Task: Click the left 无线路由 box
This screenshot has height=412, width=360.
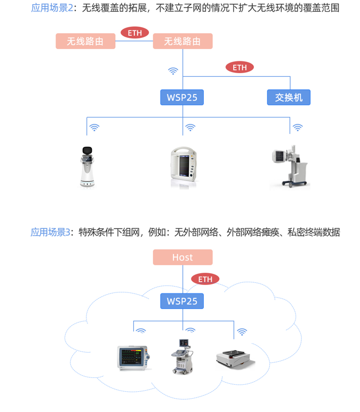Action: (x=85, y=41)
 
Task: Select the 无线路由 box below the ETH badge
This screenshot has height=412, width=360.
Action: (x=182, y=41)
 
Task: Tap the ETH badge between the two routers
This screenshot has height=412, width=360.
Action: (x=135, y=33)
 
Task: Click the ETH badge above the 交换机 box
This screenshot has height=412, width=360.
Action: (x=239, y=67)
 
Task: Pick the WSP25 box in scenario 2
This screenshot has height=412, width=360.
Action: (x=182, y=98)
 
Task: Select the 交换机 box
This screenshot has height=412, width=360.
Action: (x=289, y=98)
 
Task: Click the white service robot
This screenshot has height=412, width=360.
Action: (x=86, y=167)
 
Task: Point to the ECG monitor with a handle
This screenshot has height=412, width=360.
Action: (x=183, y=167)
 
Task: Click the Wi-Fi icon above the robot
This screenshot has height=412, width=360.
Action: (x=94, y=128)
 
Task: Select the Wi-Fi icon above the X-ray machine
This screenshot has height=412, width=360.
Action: (x=298, y=128)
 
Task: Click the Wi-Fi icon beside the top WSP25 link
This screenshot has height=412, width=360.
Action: (x=173, y=70)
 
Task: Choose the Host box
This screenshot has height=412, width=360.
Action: (x=182, y=257)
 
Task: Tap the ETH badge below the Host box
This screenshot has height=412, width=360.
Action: (x=205, y=279)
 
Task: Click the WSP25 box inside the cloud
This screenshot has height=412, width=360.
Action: (x=182, y=301)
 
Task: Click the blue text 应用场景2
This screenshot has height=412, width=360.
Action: (x=52, y=8)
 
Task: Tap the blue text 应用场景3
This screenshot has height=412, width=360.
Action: (x=50, y=232)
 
